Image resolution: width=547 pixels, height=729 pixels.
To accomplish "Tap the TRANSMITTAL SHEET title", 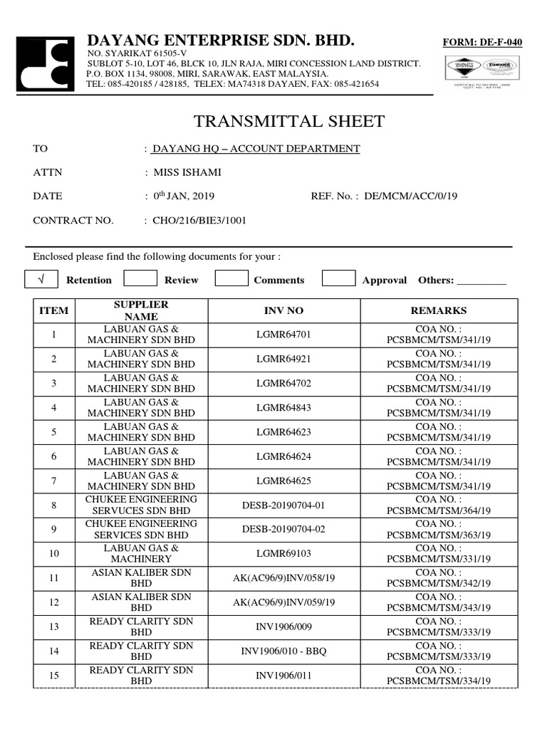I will click(x=289, y=121).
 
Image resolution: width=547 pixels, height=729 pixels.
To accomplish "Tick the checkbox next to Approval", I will click(x=338, y=279).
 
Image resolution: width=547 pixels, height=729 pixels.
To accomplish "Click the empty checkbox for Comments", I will click(x=231, y=279).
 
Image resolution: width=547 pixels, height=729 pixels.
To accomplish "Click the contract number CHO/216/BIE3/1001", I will click(x=199, y=220).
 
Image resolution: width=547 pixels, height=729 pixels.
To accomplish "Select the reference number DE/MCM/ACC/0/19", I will click(x=410, y=196).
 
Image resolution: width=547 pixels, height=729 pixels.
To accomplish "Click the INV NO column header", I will click(x=283, y=311).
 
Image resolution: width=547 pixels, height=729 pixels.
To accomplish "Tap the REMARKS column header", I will click(x=438, y=311).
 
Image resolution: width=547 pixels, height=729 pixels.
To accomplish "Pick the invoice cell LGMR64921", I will click(x=283, y=359).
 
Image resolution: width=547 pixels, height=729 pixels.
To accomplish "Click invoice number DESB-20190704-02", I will click(x=283, y=529).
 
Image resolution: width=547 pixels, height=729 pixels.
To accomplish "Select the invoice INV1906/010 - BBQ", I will click(x=283, y=651).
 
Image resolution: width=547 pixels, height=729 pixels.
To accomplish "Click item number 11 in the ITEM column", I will click(x=54, y=578).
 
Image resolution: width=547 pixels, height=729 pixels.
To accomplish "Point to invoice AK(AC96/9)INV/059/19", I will click(x=283, y=602).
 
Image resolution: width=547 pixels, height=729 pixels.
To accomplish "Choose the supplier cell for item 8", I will click(x=141, y=505).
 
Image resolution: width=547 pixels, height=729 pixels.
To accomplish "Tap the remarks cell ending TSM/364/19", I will click(x=438, y=505).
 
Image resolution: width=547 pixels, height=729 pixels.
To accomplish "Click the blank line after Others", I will click(x=481, y=280).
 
